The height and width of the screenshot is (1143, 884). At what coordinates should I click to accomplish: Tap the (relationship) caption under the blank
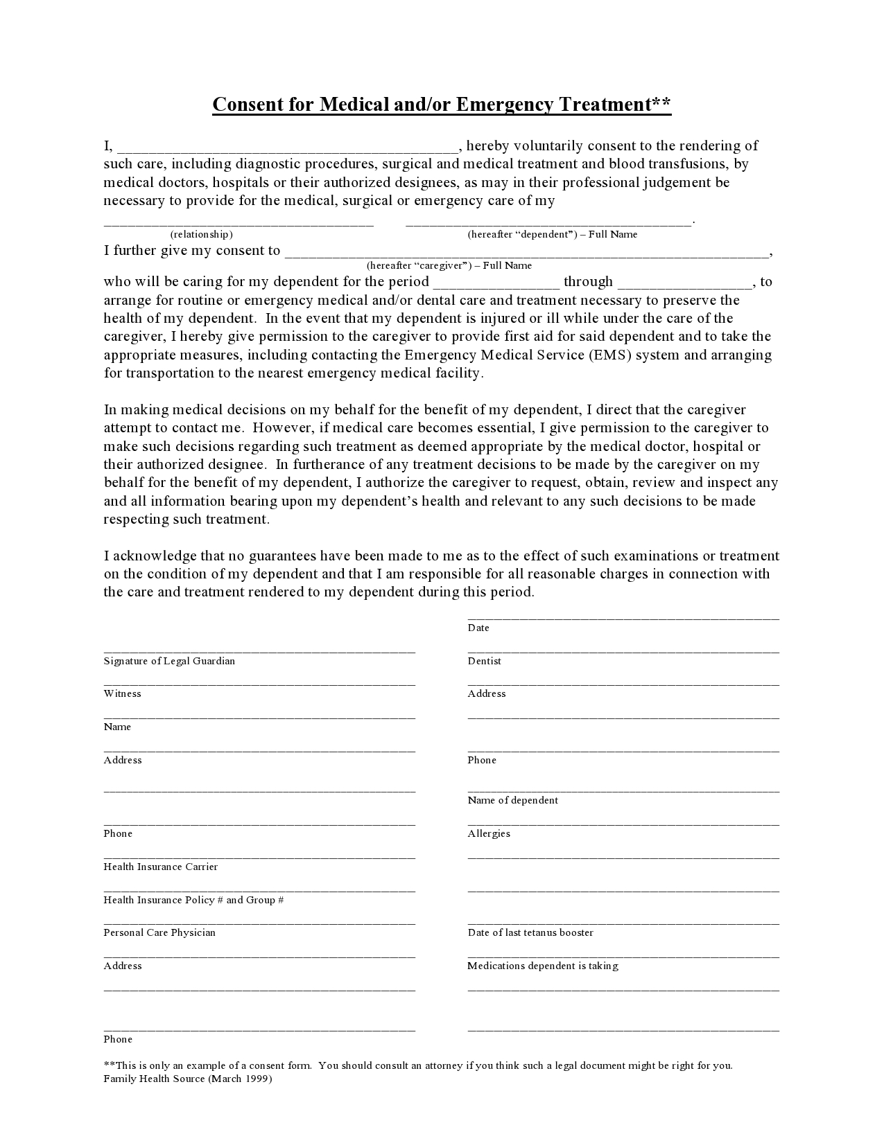201,235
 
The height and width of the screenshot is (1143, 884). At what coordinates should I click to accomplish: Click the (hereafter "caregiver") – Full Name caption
449,266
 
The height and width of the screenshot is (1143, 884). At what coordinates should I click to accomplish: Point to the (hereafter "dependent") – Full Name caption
552,235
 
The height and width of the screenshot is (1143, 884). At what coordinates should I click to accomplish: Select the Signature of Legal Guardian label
169,661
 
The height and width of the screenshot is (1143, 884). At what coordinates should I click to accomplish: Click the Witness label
122,694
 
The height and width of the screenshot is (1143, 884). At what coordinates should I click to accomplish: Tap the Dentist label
484,661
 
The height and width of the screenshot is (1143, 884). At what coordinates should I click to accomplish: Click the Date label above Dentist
478,628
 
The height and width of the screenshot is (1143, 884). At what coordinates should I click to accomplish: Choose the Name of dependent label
512,801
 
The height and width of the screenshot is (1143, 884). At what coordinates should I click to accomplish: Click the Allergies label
488,834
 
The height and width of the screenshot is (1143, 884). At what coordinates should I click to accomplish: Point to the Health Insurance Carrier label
160,867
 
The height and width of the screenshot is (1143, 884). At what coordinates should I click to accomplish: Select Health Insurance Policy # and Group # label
193,901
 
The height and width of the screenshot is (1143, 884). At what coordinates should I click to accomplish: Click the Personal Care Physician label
159,933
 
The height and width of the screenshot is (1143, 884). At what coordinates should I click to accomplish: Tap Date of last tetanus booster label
530,933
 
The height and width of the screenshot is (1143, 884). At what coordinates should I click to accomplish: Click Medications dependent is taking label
542,966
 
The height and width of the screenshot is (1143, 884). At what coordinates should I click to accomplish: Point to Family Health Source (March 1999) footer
187,1079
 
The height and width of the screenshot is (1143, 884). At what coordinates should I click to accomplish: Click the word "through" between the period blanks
588,282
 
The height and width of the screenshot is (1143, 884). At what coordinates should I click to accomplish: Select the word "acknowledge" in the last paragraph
156,556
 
